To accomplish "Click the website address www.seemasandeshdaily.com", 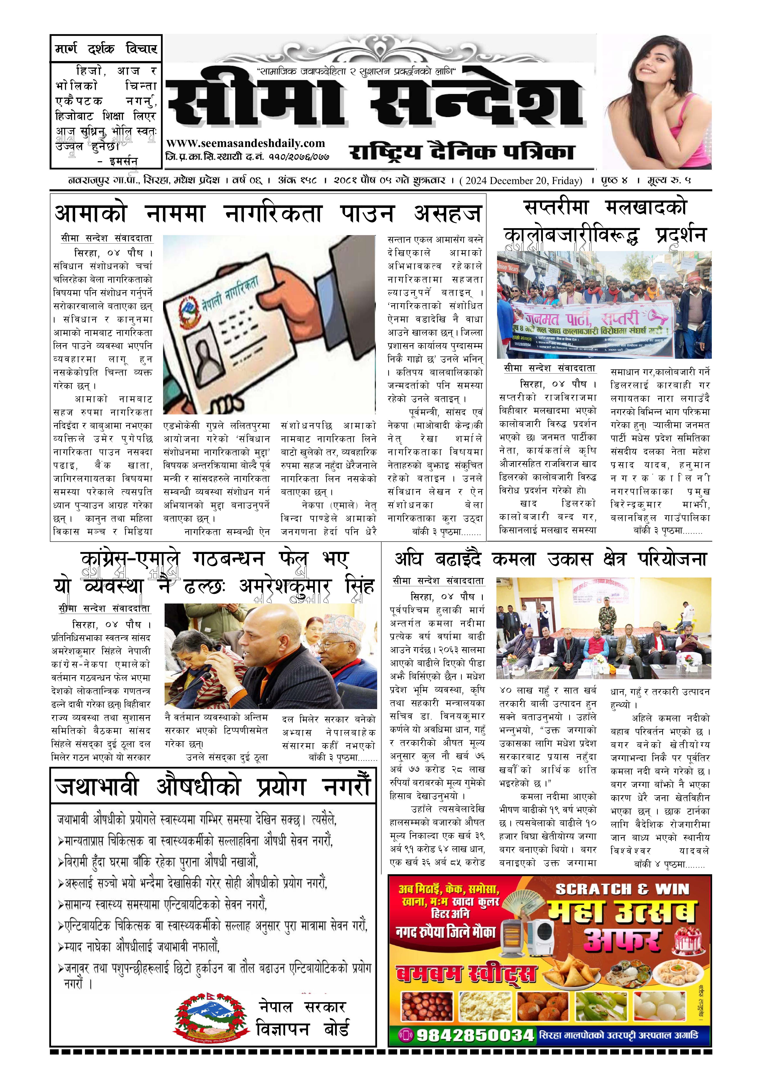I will click(245, 143).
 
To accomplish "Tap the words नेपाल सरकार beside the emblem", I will click(302, 1007).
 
